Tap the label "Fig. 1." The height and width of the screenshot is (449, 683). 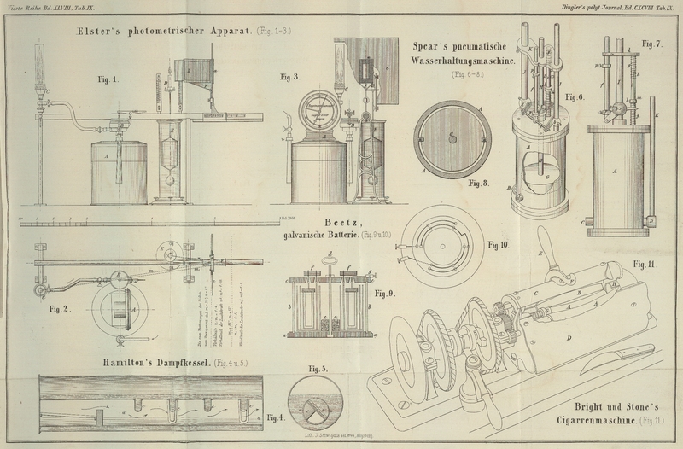pos(107,79)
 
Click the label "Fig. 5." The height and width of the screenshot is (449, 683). pos(318,369)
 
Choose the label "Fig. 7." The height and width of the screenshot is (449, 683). pos(653,44)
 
